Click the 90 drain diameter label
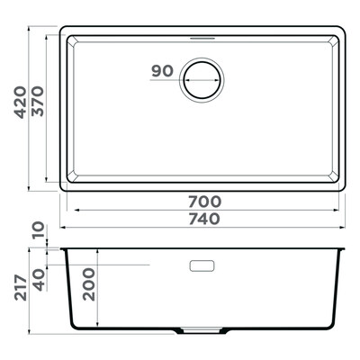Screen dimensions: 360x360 pos(163,71)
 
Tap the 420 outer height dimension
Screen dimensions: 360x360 pos(21,103)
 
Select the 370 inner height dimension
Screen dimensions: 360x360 pos(38,101)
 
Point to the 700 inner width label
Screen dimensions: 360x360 pos(205,202)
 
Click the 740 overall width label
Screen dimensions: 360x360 pos(204,219)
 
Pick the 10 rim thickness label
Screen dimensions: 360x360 pos(39,230)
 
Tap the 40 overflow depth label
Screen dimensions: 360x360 pos(39,280)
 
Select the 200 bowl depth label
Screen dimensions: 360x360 pos(89,284)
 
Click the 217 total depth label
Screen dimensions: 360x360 pos(21,287)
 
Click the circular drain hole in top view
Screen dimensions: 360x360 pos(202,80)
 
